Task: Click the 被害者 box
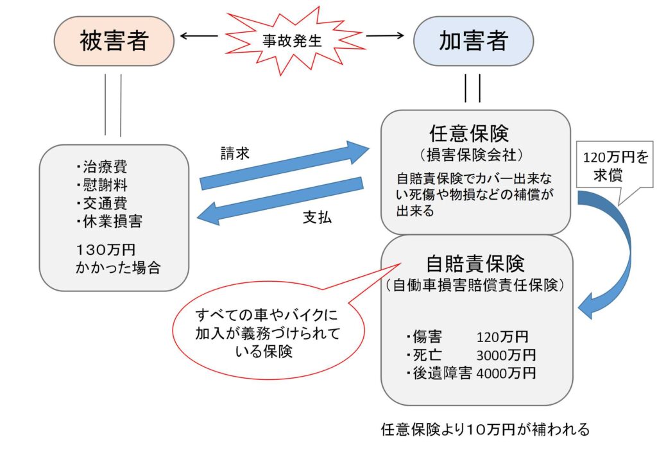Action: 114,41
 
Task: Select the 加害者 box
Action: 474,41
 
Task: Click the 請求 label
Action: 234,154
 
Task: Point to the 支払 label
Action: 317,217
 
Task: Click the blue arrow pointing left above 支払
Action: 282,201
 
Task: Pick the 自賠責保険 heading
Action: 475,264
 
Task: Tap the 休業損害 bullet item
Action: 109,221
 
